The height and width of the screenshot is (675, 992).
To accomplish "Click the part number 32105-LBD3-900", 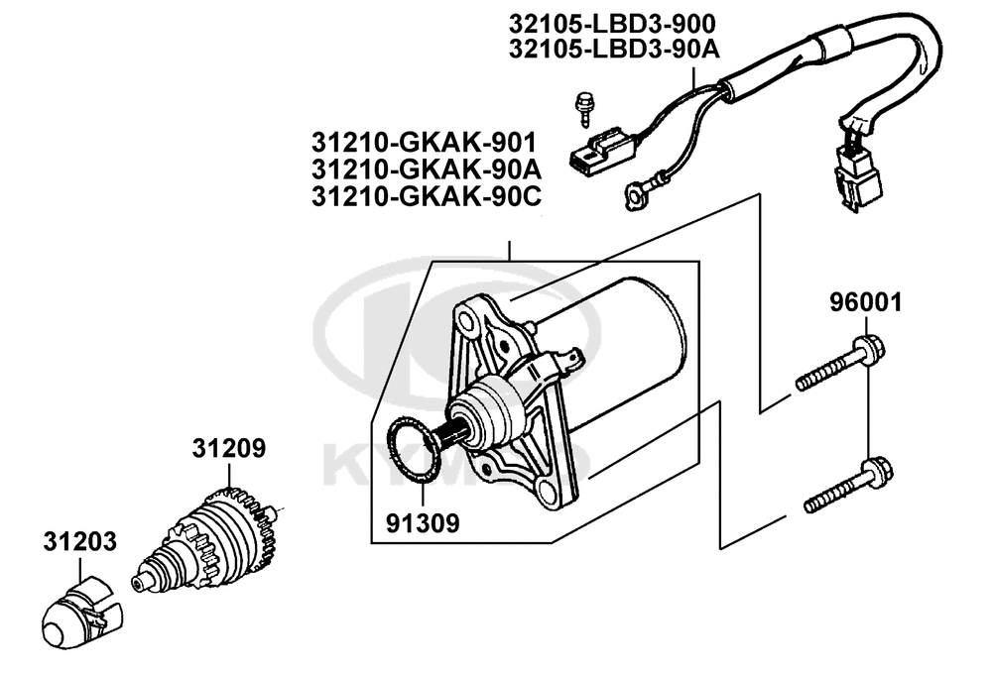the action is pos(612,24).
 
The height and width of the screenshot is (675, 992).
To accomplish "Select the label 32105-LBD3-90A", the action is pos(614,50).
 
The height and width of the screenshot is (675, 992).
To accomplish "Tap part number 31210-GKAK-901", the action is pos(424,143).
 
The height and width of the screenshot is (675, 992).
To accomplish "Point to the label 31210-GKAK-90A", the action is pos(427,170).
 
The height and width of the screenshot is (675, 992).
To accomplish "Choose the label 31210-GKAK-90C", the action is pos(427,197).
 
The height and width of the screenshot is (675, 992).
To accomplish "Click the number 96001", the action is pos(866,302).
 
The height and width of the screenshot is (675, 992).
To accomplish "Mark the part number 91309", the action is pos(423,522).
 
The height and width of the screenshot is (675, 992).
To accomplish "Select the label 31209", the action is pos(229,448).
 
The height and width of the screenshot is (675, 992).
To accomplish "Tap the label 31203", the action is pos(79,541).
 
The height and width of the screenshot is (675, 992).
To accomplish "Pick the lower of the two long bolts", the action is pos(848,486).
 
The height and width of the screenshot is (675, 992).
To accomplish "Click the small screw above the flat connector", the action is pos(582,109).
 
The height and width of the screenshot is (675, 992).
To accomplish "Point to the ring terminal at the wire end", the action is pos(635,194).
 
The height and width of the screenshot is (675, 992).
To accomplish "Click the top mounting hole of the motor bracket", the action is pos(468,323).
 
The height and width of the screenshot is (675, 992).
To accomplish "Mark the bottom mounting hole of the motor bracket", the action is pos(547,489).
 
